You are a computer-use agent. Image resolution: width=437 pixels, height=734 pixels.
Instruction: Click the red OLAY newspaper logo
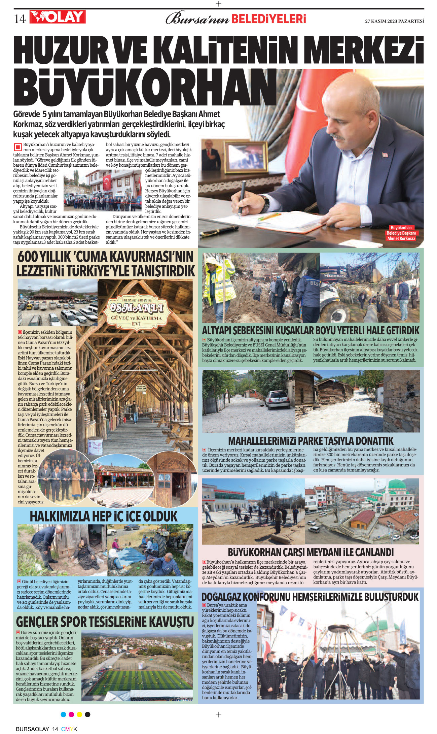point(58,17)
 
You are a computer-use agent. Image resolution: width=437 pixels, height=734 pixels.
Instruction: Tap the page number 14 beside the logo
point(20,19)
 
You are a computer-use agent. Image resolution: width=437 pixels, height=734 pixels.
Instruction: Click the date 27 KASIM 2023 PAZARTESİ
point(394,21)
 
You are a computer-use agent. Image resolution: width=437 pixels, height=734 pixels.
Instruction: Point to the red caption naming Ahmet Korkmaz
point(401,233)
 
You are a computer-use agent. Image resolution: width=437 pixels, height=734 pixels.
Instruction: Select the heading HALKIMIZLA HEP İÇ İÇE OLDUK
point(104,516)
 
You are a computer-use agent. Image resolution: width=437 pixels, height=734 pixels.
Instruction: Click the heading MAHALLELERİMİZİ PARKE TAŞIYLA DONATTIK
point(311,441)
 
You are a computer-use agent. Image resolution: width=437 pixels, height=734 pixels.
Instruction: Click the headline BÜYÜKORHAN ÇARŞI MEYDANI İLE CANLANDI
point(311,553)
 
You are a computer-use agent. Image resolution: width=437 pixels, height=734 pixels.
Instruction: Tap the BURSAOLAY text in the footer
point(33,729)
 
